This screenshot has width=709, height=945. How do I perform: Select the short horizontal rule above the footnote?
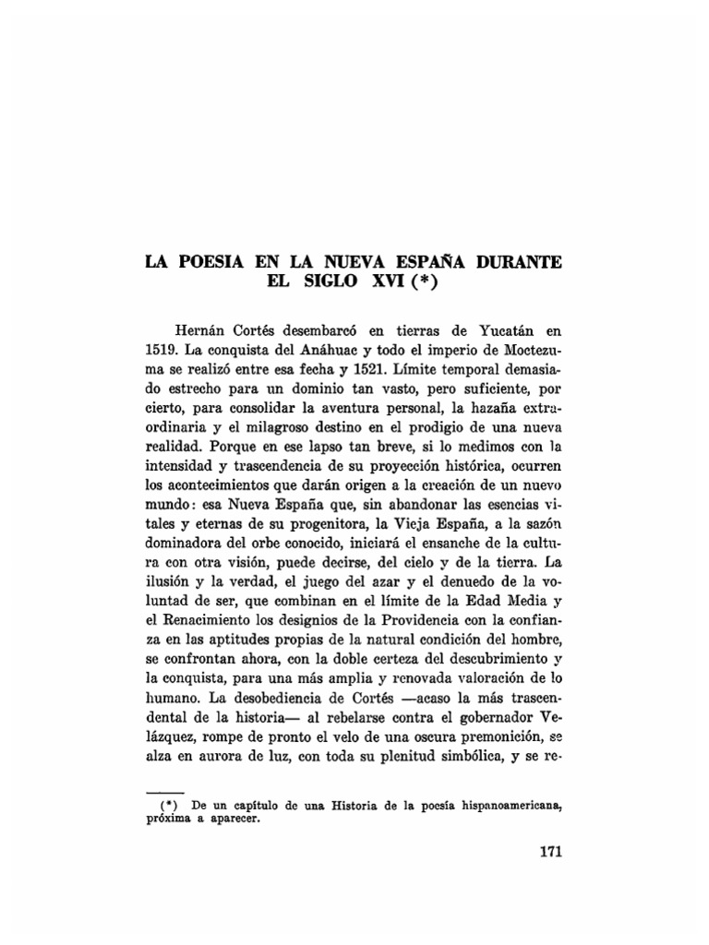167,792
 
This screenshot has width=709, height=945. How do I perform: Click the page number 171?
549,851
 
